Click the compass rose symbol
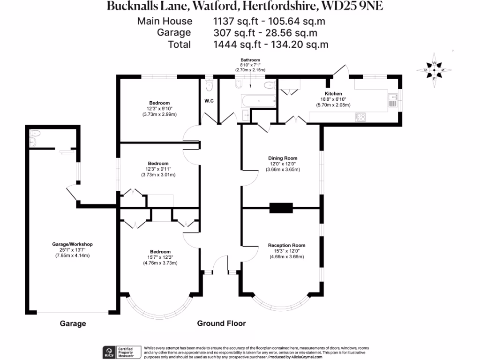[434, 71]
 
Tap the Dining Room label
[283, 158]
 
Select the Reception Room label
[286, 245]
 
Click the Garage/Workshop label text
[72, 244]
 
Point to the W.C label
[209, 100]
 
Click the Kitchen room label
[333, 94]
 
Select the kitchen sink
[392, 100]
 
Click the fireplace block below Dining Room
[281, 208]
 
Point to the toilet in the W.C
[209, 85]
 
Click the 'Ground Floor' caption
[221, 323]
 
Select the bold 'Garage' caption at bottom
[73, 323]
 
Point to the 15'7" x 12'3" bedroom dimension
[160, 257]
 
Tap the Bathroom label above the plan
[250, 60]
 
